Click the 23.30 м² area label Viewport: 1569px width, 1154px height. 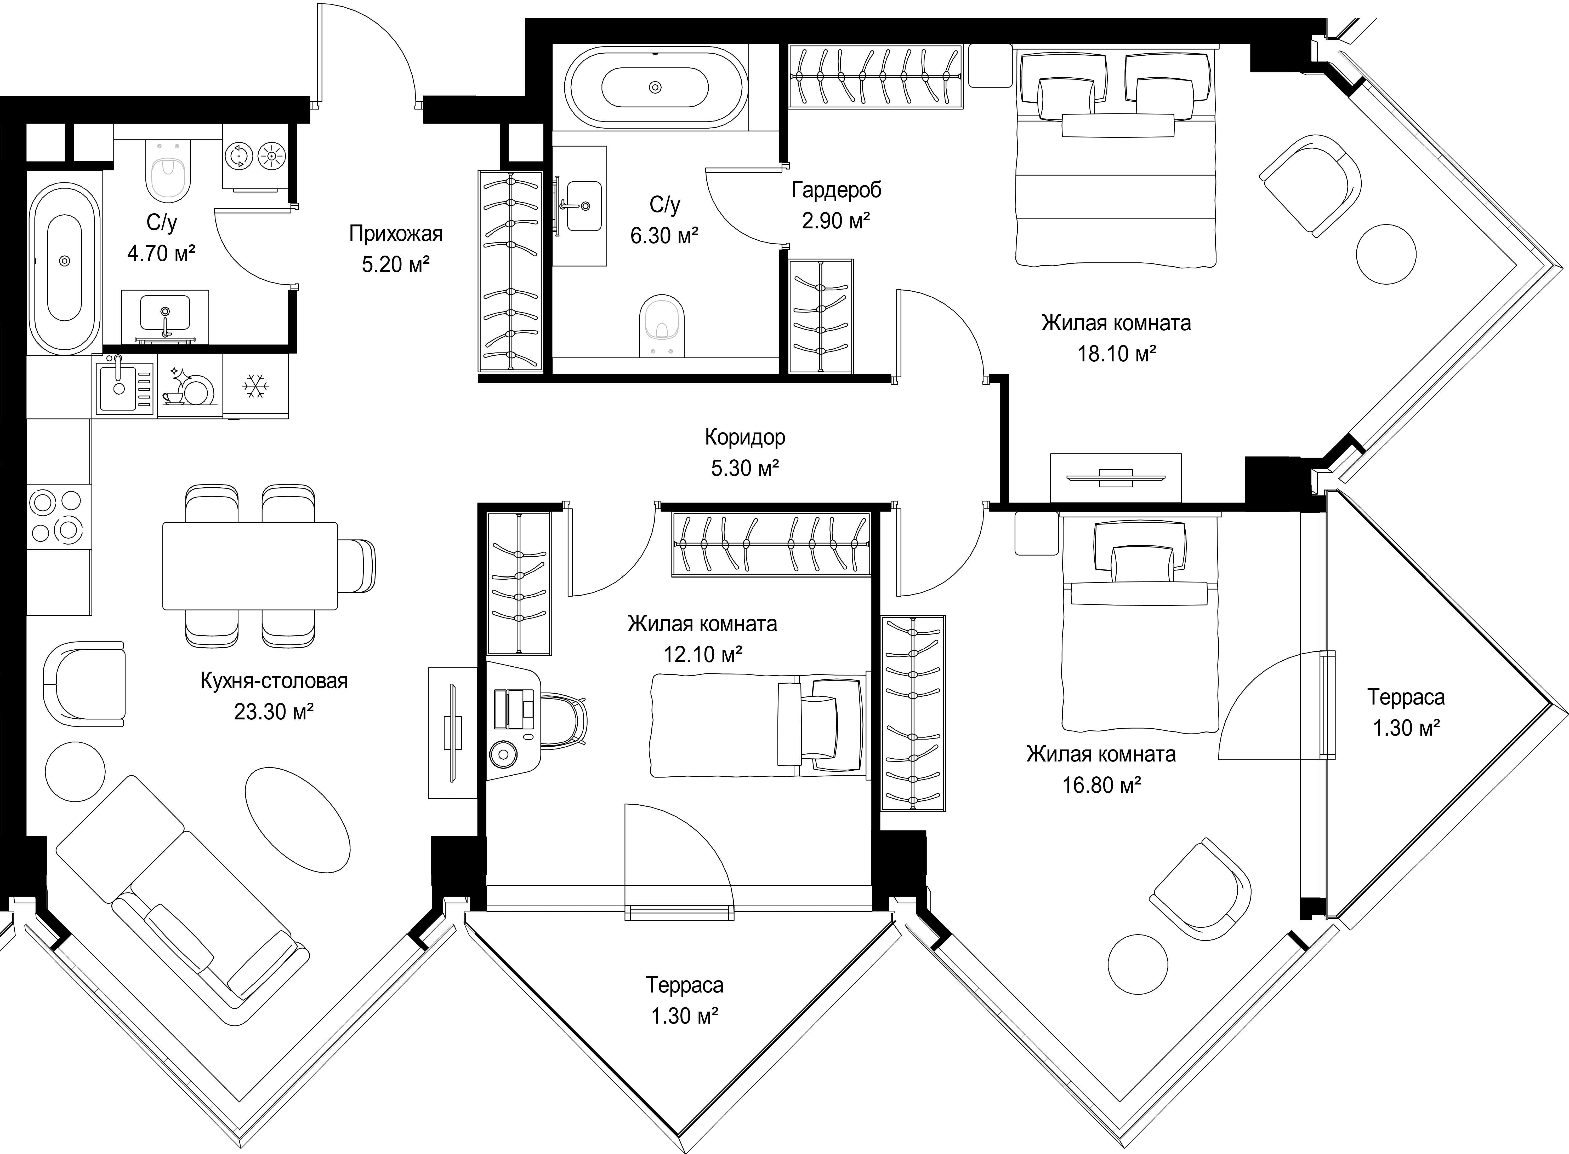click(x=274, y=712)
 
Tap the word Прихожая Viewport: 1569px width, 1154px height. click(x=396, y=233)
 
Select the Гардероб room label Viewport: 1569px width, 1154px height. click(x=837, y=190)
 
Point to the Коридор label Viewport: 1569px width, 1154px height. click(x=745, y=437)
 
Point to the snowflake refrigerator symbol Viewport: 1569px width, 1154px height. click(x=255, y=386)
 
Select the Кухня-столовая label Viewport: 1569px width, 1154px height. click(x=274, y=680)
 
